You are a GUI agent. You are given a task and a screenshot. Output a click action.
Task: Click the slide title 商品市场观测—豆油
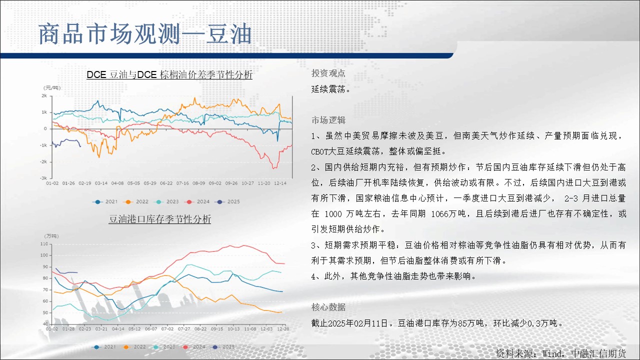[x=145, y=34]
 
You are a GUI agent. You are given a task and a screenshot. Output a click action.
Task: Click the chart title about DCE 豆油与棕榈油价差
[x=169, y=75]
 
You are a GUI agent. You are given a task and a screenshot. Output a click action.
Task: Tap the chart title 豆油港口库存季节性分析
[x=159, y=219]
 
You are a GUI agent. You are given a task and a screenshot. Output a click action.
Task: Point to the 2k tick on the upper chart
[x=44, y=95]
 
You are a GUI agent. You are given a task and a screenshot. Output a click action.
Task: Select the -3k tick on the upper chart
[x=43, y=177]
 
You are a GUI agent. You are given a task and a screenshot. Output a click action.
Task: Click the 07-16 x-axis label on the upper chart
[x=182, y=183]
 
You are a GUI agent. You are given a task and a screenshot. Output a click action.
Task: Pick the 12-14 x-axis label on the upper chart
[x=280, y=183]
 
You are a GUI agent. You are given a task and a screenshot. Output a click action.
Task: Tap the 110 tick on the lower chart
[x=44, y=244]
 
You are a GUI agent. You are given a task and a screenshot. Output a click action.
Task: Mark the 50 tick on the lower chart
[x=45, y=312]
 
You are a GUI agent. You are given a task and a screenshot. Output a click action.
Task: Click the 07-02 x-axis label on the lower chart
[x=167, y=329]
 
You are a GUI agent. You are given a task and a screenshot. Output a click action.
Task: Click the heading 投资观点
[x=328, y=73]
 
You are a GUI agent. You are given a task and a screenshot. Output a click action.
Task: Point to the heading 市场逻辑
[x=328, y=120]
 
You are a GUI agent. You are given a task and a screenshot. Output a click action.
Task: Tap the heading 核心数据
[x=328, y=307]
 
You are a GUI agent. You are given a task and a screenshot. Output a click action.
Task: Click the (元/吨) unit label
[x=51, y=87]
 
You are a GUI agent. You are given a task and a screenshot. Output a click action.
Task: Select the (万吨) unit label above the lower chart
[x=51, y=236]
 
